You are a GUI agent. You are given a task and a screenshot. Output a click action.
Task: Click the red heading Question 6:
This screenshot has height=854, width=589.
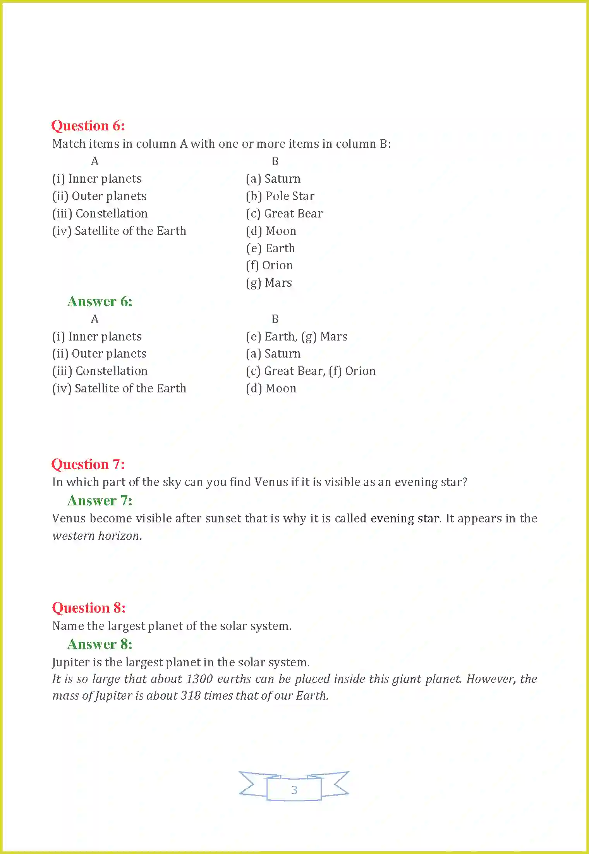coord(88,126)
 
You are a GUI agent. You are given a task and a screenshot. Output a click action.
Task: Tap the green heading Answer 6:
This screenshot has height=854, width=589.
coord(100,301)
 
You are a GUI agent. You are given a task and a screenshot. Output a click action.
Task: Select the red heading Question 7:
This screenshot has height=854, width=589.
coord(88,464)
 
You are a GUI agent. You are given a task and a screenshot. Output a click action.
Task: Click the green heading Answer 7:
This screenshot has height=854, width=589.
coord(100,501)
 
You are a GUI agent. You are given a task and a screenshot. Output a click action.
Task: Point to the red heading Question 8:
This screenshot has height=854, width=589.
coord(89,608)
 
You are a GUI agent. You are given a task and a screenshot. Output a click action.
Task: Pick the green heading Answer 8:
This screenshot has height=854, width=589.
coord(100,644)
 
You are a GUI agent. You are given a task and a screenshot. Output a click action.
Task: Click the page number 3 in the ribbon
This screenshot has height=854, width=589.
coord(294,790)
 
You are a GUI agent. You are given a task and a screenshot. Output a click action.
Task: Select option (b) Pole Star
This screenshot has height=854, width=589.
coord(280,196)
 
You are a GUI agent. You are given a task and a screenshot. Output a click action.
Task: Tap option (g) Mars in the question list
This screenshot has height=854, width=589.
coord(269,283)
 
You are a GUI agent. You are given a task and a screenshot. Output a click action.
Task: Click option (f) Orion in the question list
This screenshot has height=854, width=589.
coord(269,265)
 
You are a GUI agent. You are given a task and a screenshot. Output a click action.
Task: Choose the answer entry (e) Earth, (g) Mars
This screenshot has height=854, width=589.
coord(296,337)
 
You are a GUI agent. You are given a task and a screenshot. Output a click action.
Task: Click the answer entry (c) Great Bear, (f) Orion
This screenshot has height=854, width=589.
coord(311,371)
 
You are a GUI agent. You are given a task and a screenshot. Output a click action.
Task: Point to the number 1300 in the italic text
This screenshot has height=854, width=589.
coord(199,679)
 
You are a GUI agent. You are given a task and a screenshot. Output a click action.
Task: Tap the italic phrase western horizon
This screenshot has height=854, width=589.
coord(97,536)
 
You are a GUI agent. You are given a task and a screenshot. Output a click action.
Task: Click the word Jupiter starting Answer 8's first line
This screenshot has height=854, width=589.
coord(69,662)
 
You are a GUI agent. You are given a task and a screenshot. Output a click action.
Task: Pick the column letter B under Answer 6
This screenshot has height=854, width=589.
coord(275,319)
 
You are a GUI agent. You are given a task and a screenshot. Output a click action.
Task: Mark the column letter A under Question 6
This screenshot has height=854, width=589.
coord(94,161)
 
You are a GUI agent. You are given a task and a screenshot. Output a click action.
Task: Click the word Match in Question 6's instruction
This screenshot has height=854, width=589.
coord(69,144)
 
